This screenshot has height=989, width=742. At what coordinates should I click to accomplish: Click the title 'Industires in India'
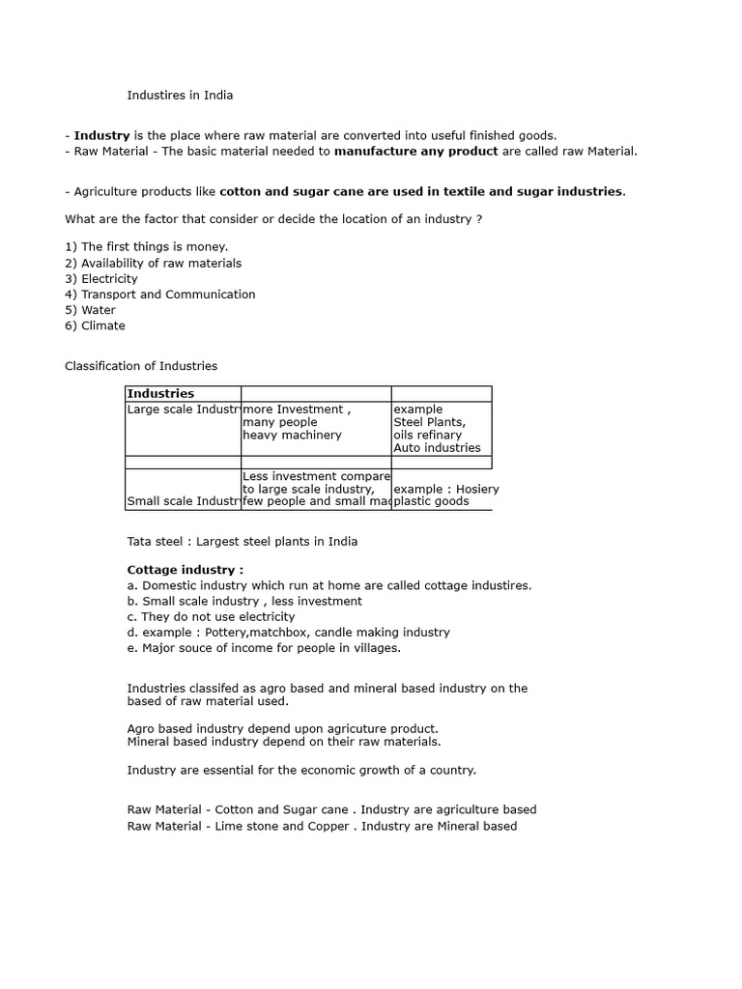pos(180,96)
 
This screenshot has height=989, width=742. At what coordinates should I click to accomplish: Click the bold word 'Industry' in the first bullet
pos(101,135)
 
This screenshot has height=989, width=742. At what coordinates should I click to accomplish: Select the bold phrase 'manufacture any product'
pos(415,151)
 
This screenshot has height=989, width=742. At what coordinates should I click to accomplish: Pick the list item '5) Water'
pos(90,310)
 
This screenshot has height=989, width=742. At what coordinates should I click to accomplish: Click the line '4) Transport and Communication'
pos(160,294)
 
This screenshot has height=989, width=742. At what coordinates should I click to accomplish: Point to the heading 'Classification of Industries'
pos(141,366)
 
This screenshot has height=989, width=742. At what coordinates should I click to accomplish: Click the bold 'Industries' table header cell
pos(160,394)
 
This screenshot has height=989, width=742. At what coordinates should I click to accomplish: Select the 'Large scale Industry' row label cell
pos(183,410)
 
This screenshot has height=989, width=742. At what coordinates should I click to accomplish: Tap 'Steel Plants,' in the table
pos(429,422)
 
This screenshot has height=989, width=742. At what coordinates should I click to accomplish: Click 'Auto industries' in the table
pos(437,447)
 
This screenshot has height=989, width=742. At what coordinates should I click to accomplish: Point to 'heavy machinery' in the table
pos(292,435)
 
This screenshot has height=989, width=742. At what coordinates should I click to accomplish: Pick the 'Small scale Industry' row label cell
pos(183,501)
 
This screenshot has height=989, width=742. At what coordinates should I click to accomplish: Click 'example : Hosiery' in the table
pos(447,489)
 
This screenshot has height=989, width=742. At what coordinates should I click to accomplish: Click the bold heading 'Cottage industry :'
pos(185,570)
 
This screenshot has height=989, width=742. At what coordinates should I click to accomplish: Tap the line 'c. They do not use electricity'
pos(211,616)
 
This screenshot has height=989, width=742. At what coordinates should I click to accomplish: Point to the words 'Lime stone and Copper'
pos(282,826)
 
